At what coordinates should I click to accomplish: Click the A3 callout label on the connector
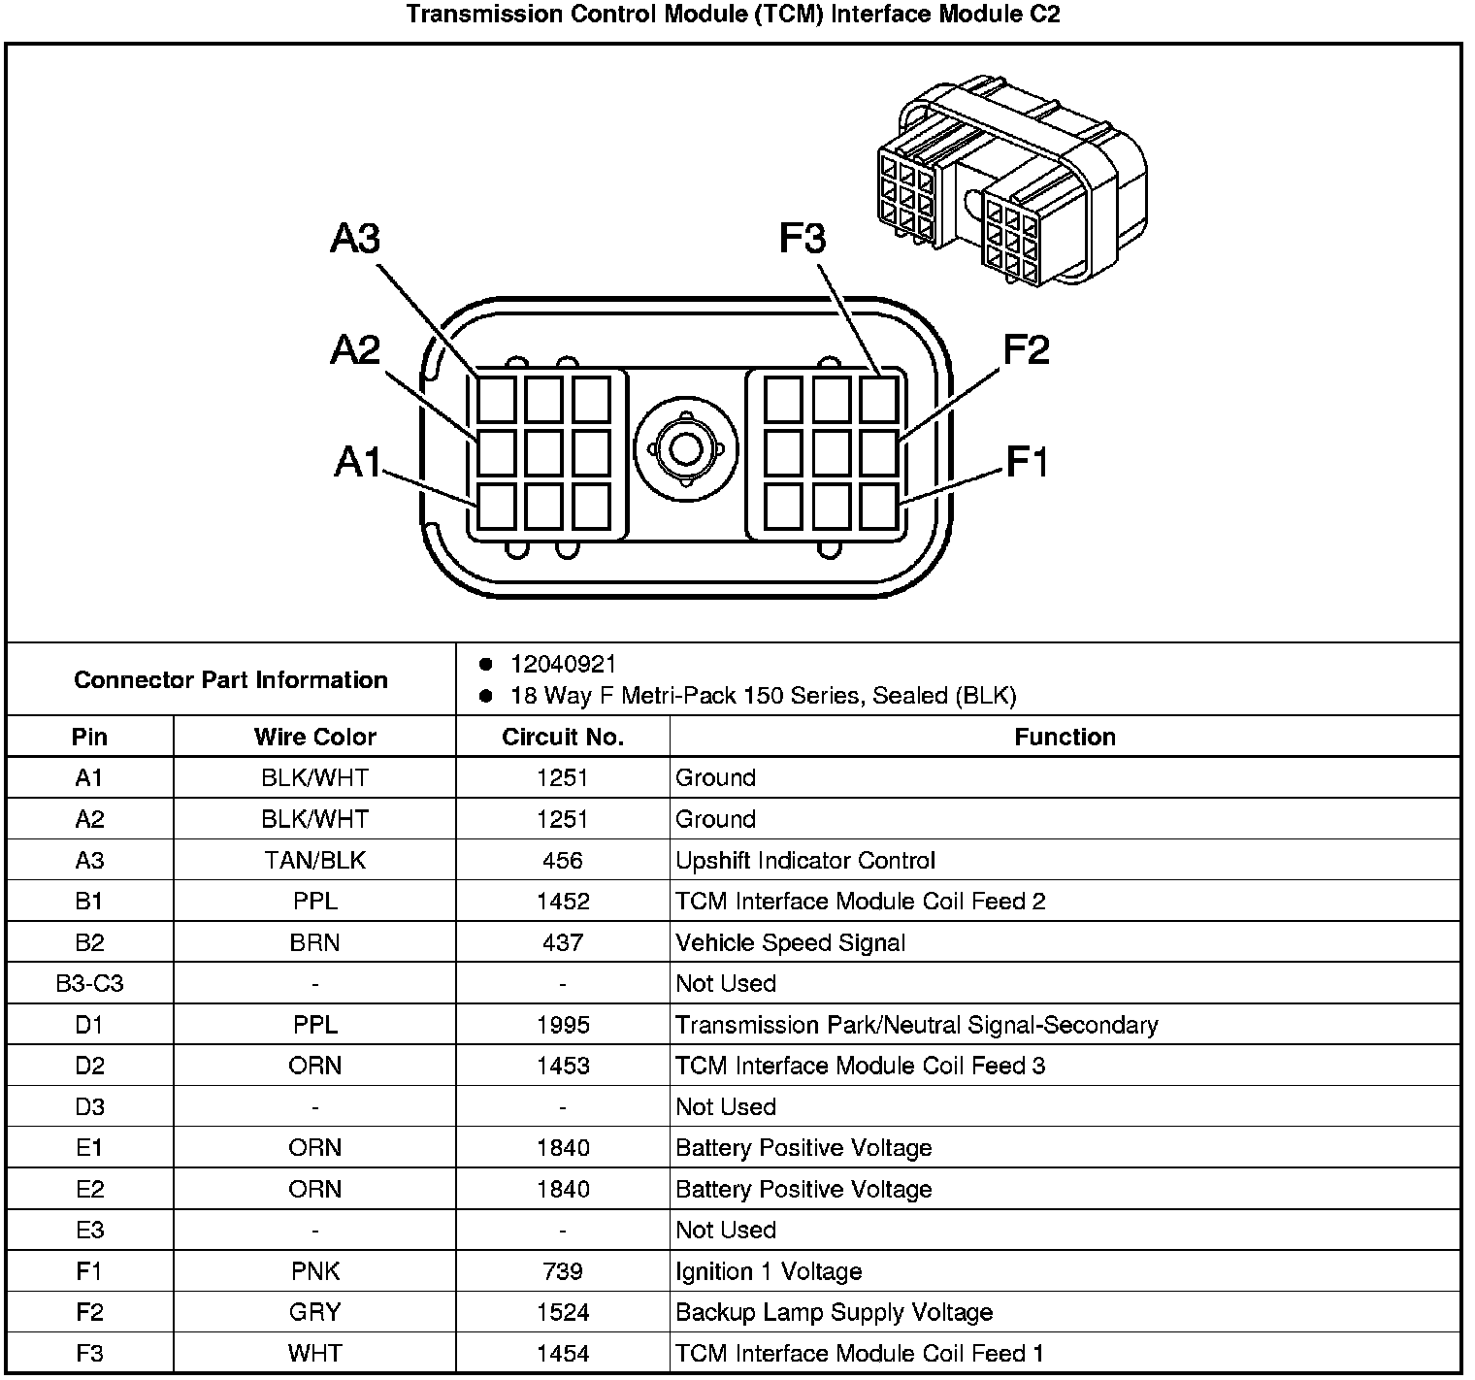[x=355, y=238]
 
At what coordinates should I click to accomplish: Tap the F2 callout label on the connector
[x=1026, y=349]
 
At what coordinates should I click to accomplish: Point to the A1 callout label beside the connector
[x=358, y=462]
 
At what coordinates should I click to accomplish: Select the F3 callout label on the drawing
[x=803, y=238]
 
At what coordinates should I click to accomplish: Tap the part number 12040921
[x=563, y=664]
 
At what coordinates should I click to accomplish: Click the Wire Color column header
[x=314, y=737]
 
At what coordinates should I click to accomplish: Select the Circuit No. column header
[x=563, y=737]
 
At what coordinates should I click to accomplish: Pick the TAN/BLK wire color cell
[x=314, y=860]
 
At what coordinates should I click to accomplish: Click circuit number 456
[x=563, y=860]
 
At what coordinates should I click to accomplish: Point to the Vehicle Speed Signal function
[x=790, y=942]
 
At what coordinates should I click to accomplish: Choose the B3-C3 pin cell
[x=89, y=983]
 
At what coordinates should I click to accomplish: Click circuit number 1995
[x=563, y=1025]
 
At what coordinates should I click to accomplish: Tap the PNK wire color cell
[x=314, y=1271]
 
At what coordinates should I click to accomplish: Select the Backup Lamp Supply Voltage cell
[x=834, y=1312]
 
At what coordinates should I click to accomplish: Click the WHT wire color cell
[x=314, y=1353]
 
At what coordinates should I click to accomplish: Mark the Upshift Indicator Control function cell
[x=804, y=860]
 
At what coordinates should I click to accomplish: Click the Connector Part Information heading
[x=231, y=679]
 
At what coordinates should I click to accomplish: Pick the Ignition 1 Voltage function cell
[x=768, y=1271]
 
